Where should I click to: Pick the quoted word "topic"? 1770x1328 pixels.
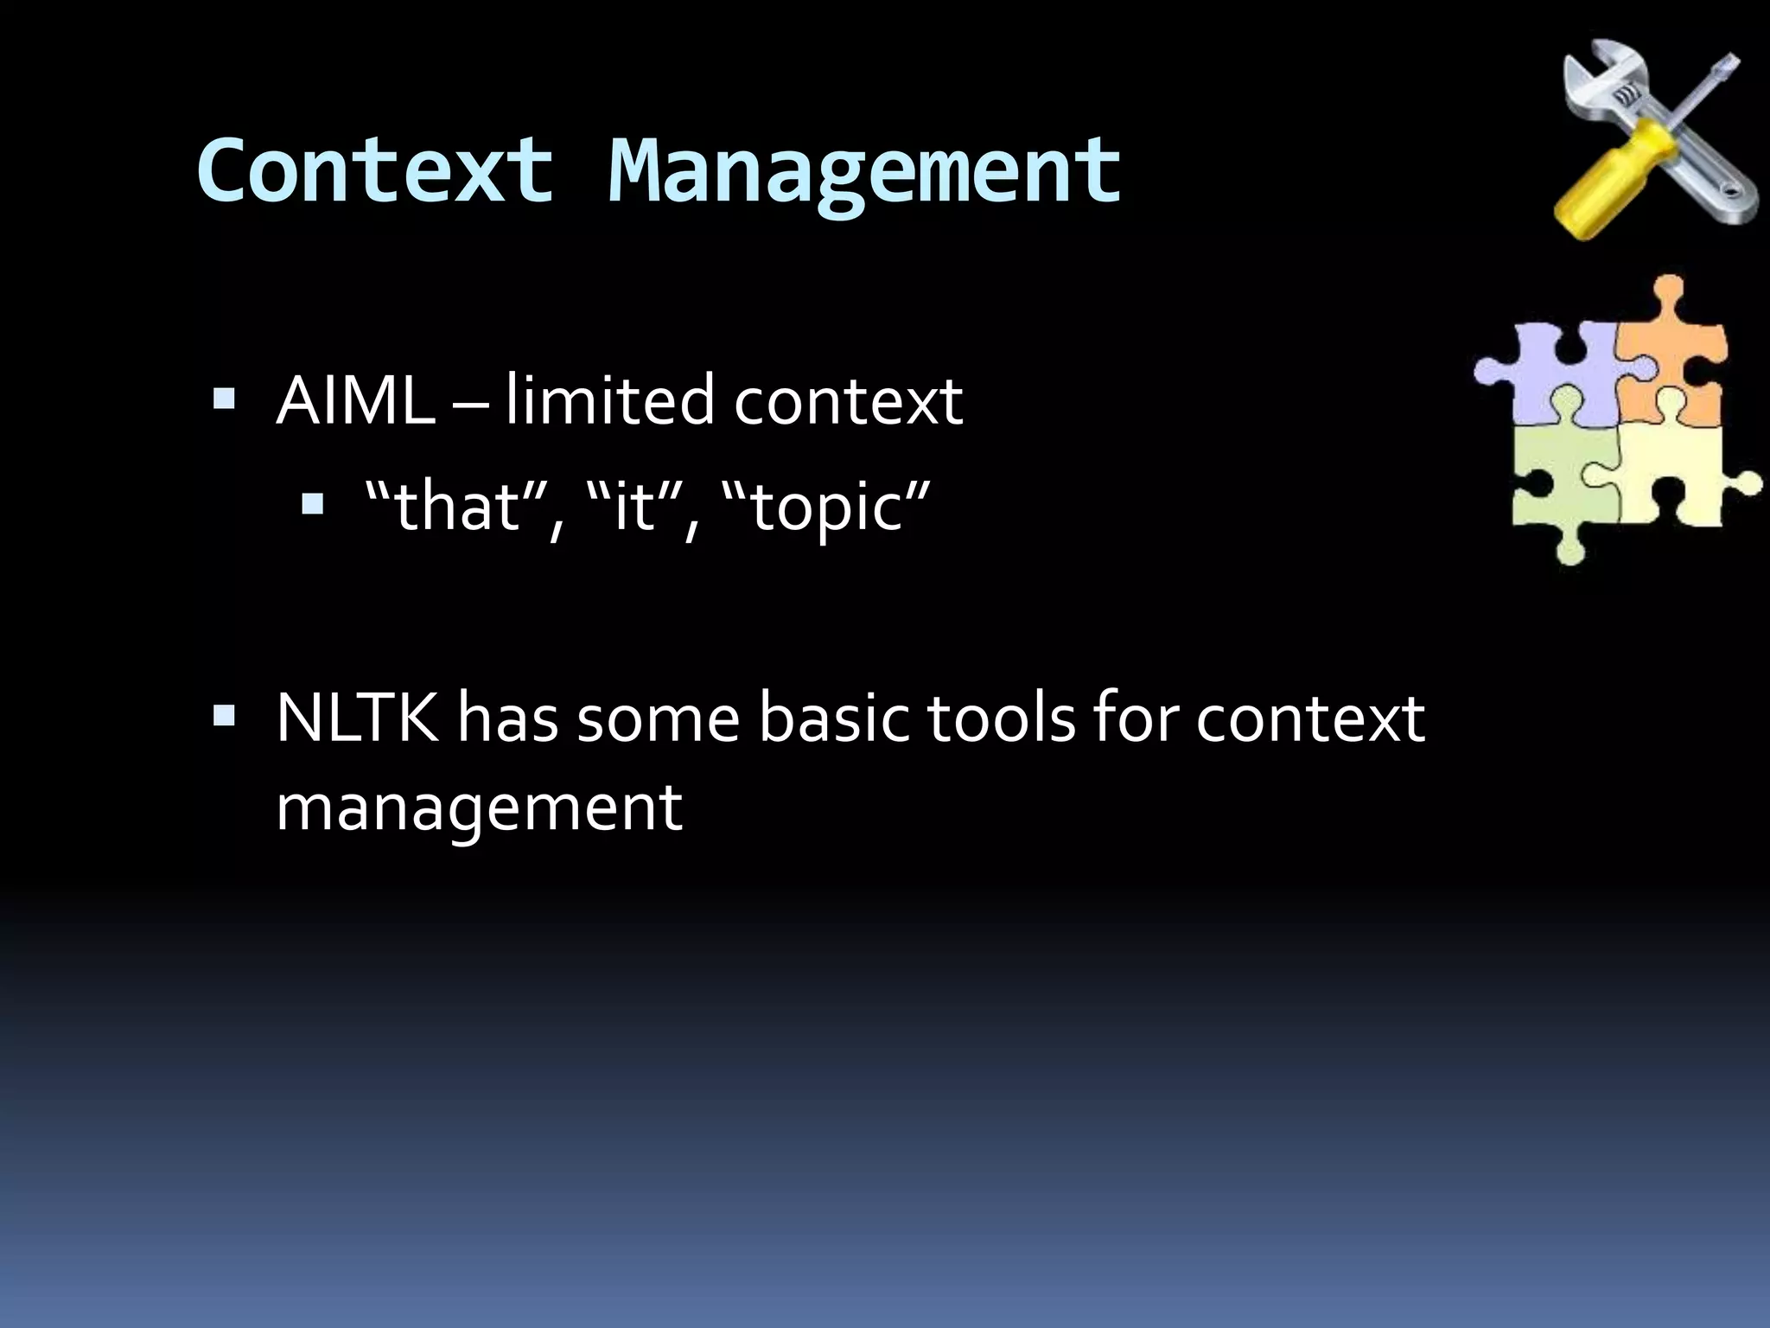[x=825, y=508]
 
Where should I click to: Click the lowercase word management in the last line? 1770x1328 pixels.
[x=479, y=808]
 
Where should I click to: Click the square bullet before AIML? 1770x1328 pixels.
[x=224, y=399]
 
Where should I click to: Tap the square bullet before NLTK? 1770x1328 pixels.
[x=224, y=717]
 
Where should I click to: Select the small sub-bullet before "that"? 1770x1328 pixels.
[x=312, y=505]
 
